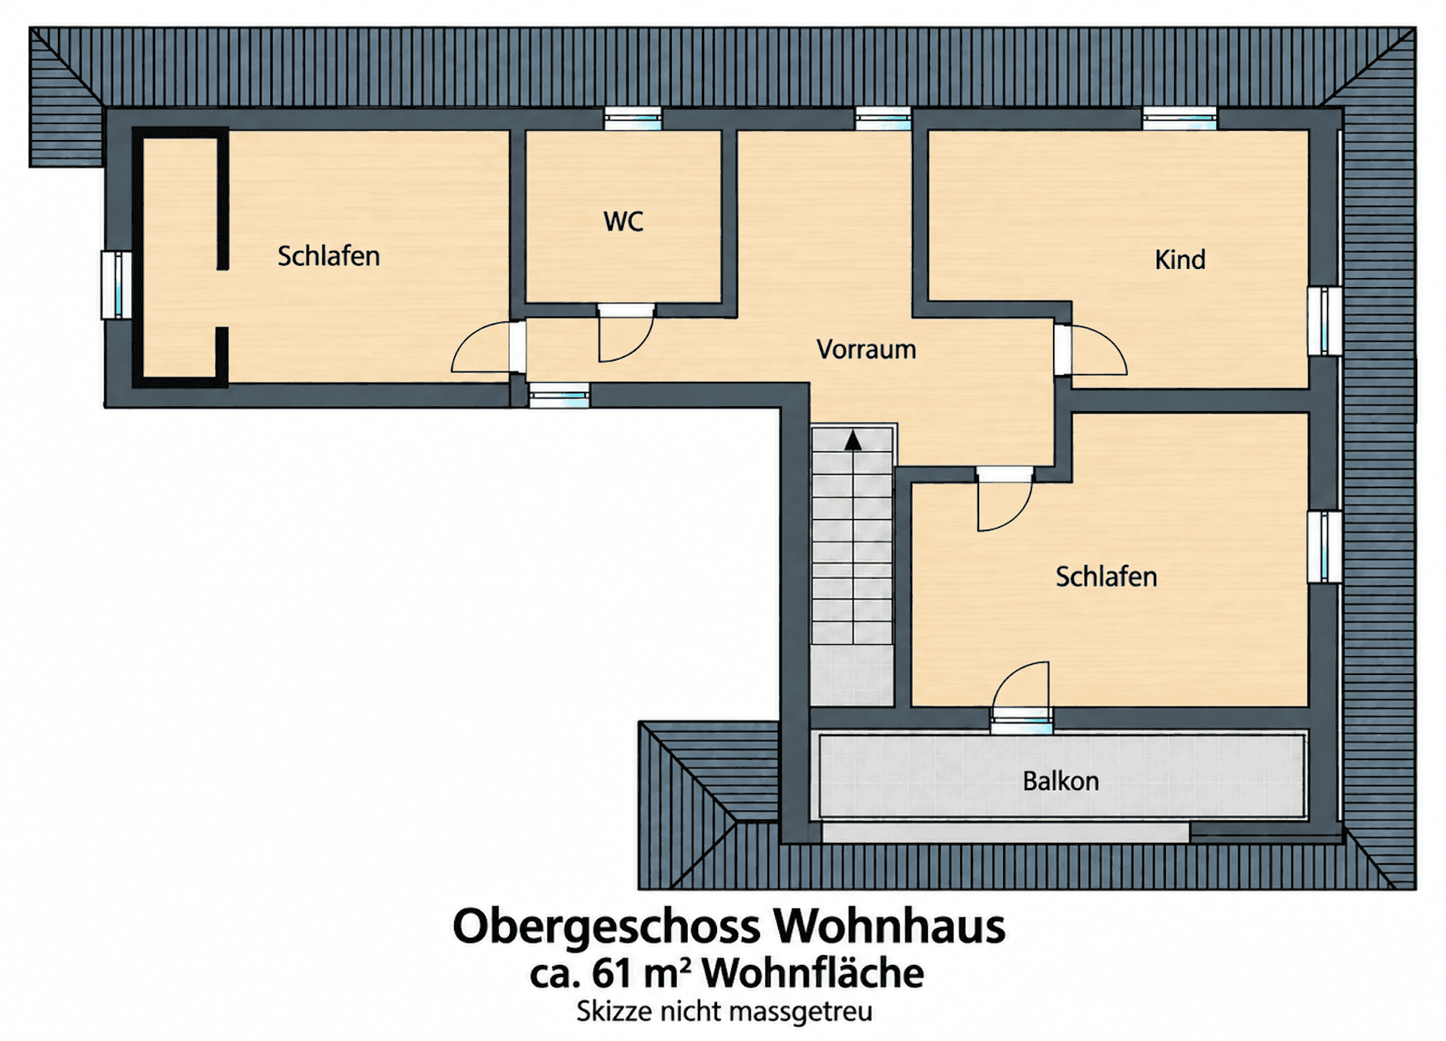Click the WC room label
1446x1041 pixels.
pyautogui.click(x=624, y=221)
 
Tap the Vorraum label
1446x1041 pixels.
pyautogui.click(x=866, y=350)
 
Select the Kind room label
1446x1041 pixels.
pyautogui.click(x=1180, y=260)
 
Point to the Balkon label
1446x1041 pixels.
pyautogui.click(x=1060, y=781)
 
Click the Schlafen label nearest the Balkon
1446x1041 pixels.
pyautogui.click(x=1106, y=577)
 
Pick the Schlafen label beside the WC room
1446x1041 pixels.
pyautogui.click(x=328, y=256)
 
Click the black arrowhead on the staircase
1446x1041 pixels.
pyautogui.click(x=853, y=441)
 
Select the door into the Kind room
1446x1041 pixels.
pyautogui.click(x=1091, y=350)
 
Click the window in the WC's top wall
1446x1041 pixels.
pyautogui.click(x=633, y=118)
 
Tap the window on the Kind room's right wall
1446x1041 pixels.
pyautogui.click(x=1325, y=321)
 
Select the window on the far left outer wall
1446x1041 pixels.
pyautogui.click(x=117, y=285)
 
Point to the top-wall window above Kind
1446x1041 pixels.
pyautogui.click(x=1179, y=118)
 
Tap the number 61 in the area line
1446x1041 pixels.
pyautogui.click(x=611, y=972)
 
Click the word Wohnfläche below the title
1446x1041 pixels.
pyautogui.click(x=813, y=972)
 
